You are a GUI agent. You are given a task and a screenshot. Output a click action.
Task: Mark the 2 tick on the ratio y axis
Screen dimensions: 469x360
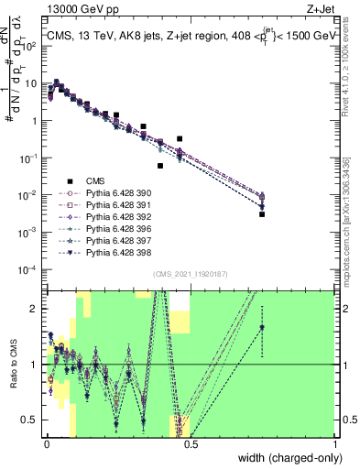tap(35, 309)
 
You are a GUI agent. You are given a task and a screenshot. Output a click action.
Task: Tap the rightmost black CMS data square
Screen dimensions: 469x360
tap(262, 214)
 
